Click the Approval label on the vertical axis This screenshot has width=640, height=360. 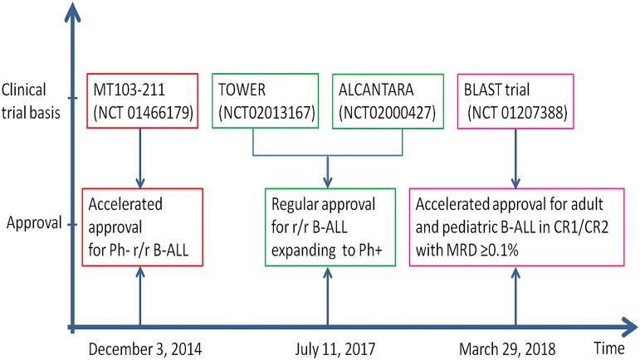click(x=35, y=222)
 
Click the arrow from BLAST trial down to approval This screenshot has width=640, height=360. click(x=515, y=158)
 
